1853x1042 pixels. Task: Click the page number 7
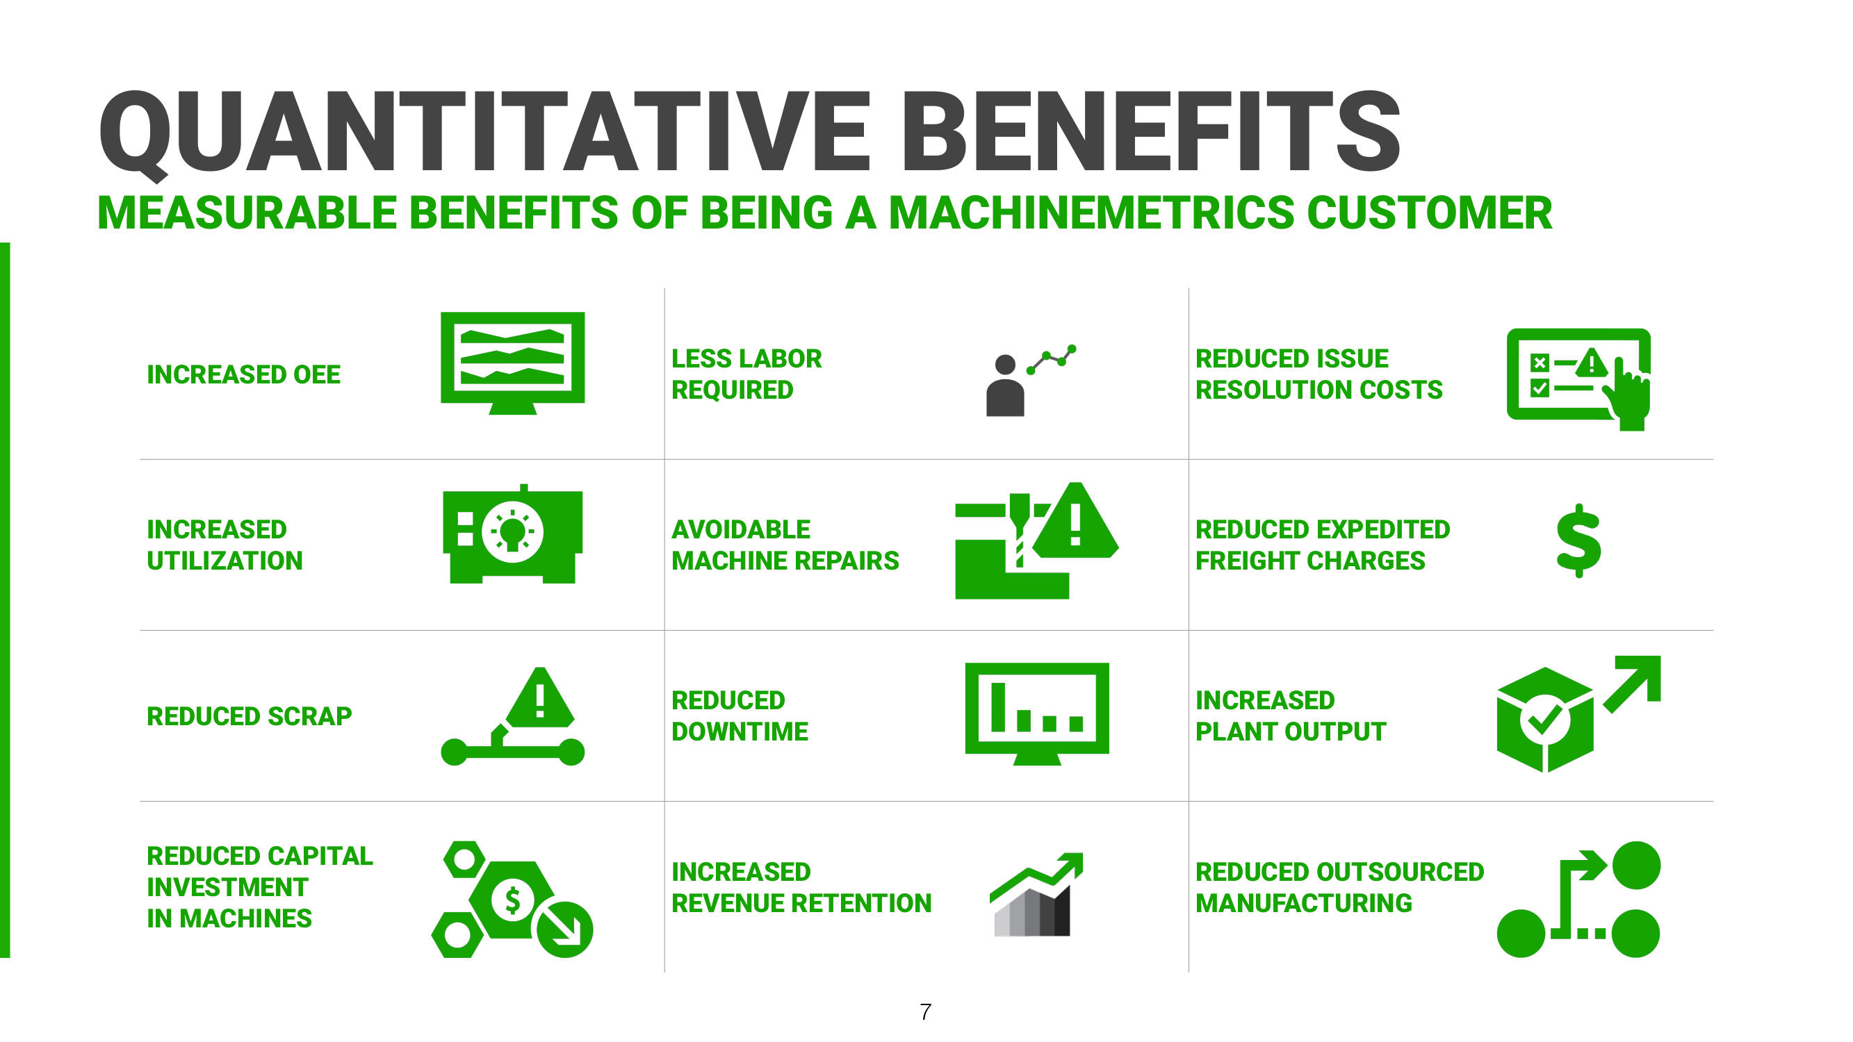[926, 1012]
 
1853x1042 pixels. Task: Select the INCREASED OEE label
[243, 374]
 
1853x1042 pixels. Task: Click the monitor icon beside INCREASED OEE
[512, 360]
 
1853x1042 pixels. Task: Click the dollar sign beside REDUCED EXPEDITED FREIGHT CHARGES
[1578, 540]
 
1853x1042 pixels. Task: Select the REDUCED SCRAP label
[249, 716]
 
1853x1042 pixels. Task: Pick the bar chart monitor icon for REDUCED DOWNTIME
[1036, 711]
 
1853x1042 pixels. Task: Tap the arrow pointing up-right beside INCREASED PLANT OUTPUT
[1634, 681]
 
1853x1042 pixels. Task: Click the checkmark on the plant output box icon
[1544, 719]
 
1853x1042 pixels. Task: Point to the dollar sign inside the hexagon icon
[512, 900]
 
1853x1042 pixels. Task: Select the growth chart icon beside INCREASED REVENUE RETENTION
[1036, 895]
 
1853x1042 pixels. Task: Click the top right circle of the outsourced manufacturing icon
[1635, 865]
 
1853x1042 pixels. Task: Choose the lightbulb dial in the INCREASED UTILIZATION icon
[512, 532]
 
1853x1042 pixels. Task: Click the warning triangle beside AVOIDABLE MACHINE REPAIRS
[1075, 523]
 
